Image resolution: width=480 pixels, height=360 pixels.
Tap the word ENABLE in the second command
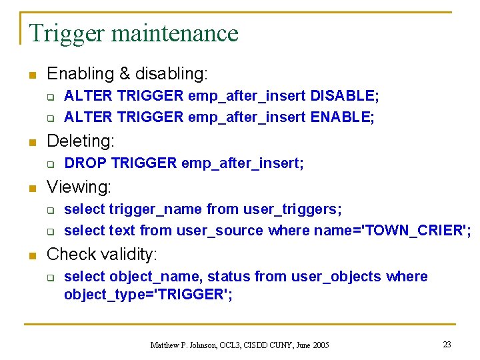click(342, 117)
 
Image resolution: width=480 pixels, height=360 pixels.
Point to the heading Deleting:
click(81, 141)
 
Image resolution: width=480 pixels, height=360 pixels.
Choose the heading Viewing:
click(79, 187)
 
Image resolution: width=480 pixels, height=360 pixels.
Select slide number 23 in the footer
click(447, 345)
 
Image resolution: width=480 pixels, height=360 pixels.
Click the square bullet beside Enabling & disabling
click(31, 74)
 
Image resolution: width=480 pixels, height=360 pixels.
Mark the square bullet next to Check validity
click(31, 255)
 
